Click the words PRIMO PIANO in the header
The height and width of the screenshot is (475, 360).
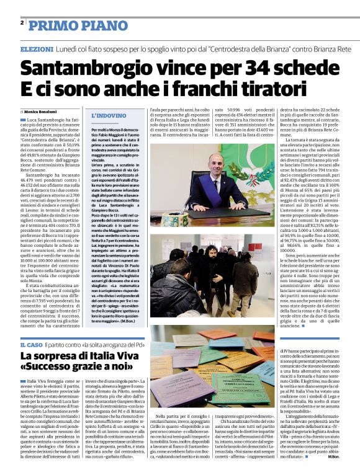point(71,24)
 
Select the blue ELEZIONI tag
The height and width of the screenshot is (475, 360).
point(37,49)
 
